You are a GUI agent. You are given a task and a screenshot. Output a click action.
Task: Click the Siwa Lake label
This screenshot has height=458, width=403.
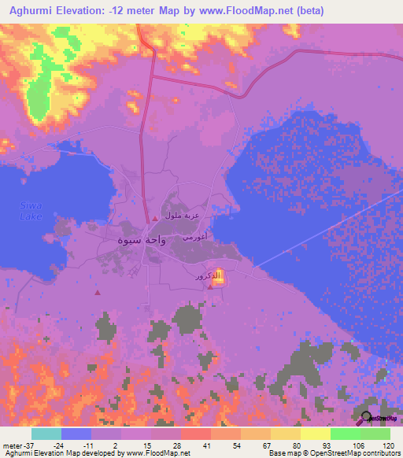point(30,210)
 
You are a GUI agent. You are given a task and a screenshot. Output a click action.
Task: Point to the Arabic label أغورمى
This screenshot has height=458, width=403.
point(194,235)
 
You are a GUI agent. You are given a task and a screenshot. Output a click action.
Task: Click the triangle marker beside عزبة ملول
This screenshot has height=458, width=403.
point(156,218)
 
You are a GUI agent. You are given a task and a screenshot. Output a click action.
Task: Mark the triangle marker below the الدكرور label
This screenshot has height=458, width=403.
point(209,286)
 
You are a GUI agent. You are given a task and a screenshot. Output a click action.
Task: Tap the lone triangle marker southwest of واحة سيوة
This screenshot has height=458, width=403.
point(98,293)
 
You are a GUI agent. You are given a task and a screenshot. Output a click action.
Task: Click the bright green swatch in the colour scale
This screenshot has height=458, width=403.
point(345,434)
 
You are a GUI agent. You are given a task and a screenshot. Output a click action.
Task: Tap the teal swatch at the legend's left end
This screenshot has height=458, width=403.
point(46,434)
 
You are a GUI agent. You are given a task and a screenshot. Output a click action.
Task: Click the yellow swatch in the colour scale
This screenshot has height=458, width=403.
point(315,434)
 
